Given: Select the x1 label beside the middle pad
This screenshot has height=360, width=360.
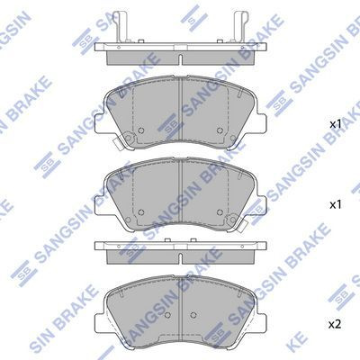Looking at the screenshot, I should click(335, 205).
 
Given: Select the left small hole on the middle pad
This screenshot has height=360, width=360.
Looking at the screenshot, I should click(142, 214).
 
